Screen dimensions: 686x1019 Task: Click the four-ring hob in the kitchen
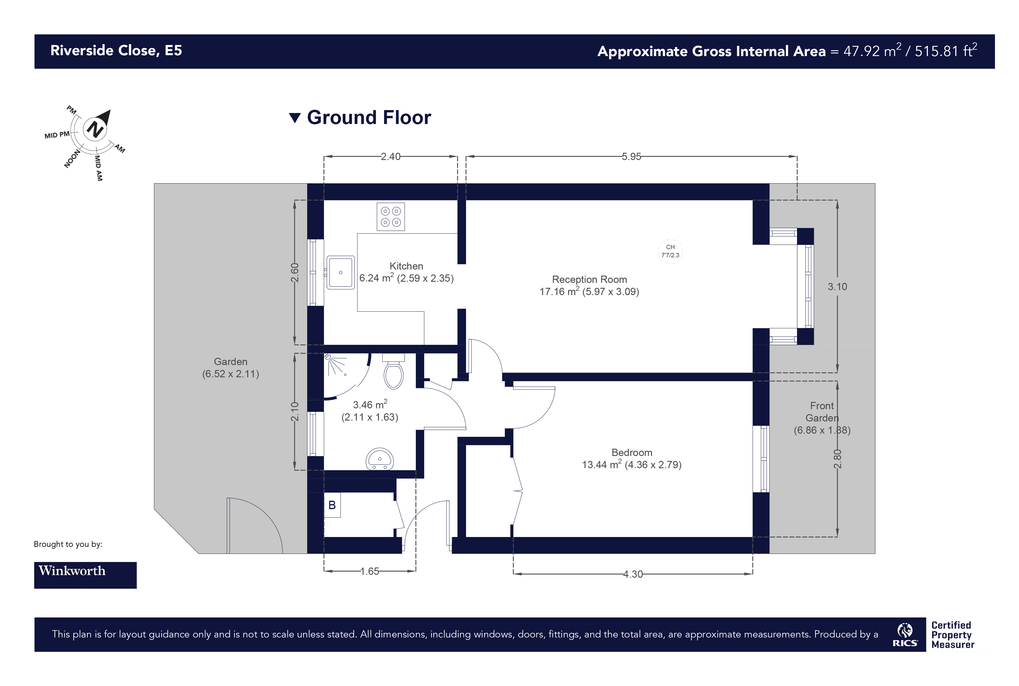pos(391,217)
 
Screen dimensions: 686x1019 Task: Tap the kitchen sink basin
pos(341,272)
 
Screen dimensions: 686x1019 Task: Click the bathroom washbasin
pos(379,459)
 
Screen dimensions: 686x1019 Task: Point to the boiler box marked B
pos(332,505)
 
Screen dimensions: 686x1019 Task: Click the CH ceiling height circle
pos(670,251)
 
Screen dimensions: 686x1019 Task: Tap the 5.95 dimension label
pos(631,157)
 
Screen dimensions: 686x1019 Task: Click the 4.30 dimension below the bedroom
pos(633,574)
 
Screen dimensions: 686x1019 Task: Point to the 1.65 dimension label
pos(369,571)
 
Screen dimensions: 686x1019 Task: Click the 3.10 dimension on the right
pos(837,287)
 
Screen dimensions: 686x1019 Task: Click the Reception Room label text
pos(589,280)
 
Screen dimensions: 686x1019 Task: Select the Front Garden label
pos(822,412)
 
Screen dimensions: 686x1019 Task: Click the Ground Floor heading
pos(368,117)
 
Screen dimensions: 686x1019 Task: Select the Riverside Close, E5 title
pos(116,51)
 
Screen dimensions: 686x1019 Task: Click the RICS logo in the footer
pos(905,635)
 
